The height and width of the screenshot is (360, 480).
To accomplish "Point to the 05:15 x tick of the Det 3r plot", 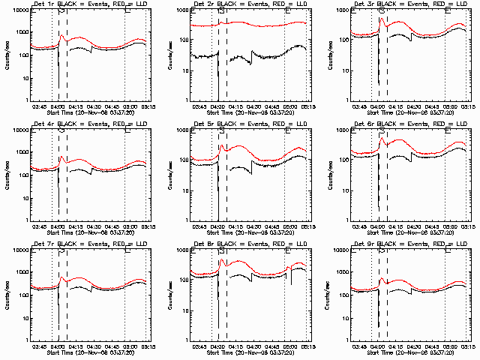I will [467, 106].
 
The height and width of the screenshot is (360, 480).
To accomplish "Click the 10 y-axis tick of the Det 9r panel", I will [347, 318].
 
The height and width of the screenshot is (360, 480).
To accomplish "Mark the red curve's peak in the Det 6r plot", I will [382, 138].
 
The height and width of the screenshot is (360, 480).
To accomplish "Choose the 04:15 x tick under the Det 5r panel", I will [235, 226].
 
